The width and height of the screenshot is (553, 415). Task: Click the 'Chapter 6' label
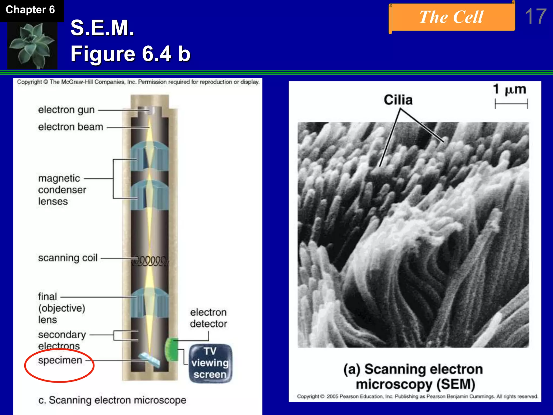[30, 10]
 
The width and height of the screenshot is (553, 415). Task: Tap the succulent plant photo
[32, 45]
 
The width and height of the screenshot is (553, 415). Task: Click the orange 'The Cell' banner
[451, 18]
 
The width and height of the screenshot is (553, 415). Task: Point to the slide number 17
[535, 17]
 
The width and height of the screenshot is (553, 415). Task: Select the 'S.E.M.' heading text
[102, 28]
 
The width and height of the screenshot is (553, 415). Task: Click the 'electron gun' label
[66, 110]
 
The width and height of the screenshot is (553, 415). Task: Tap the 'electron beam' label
[70, 127]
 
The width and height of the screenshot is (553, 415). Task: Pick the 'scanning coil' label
[68, 258]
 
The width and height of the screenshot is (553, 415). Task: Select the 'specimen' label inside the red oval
[60, 360]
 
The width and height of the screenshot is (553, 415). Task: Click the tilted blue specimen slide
[149, 360]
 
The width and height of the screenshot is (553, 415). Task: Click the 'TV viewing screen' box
[210, 363]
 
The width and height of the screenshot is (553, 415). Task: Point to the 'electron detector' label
[208, 318]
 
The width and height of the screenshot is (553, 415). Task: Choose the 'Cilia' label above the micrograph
[398, 100]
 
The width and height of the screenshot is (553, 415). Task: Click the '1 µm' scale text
[510, 89]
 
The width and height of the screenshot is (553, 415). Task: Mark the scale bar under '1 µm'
[511, 104]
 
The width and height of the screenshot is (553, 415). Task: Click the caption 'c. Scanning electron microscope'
[112, 400]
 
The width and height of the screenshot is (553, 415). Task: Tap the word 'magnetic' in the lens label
[59, 179]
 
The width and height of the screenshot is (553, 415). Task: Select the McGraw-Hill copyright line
[138, 82]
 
